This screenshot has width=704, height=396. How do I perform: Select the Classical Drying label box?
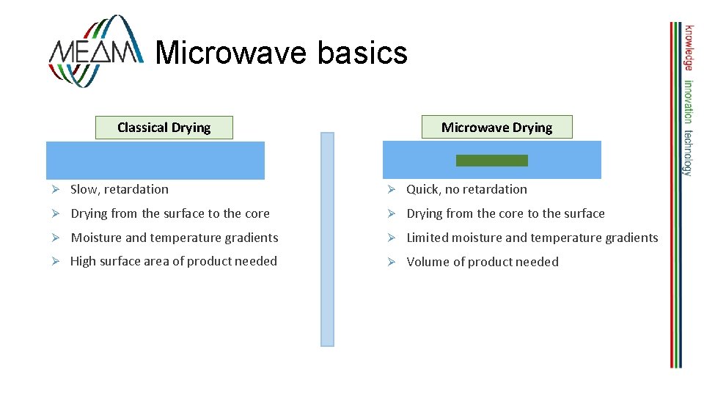click(164, 128)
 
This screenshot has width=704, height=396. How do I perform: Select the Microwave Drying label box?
click(496, 128)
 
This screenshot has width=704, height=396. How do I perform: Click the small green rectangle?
click(491, 161)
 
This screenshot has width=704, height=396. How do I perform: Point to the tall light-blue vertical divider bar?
click(327, 239)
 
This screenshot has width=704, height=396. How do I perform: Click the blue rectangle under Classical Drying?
click(155, 161)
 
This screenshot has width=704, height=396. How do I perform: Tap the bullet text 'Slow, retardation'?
click(119, 189)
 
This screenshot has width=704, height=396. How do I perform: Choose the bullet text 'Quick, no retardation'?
click(466, 189)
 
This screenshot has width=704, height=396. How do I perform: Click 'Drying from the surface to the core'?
click(170, 213)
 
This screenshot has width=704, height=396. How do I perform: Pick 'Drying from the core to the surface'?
click(505, 213)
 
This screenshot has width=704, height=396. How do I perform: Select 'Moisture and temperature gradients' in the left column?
click(175, 238)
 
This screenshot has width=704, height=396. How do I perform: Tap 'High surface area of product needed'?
click(174, 261)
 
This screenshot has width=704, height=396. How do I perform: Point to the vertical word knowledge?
click(689, 48)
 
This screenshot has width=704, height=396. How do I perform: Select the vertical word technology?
click(689, 153)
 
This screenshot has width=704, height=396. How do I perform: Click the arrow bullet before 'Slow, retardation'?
click(54, 189)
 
